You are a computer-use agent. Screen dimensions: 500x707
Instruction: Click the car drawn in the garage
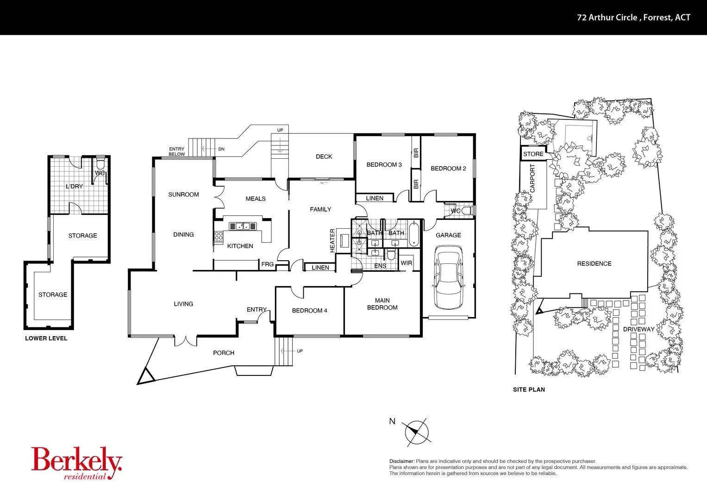coord(448,277)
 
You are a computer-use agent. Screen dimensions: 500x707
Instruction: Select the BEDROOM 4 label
coord(309,311)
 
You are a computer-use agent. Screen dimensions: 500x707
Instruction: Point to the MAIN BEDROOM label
coord(382,304)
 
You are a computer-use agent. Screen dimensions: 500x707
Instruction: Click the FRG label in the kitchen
coord(267,264)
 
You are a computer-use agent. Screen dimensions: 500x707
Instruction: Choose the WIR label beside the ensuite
coord(406,263)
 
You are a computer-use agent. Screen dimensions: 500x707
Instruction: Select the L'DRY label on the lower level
coord(74,187)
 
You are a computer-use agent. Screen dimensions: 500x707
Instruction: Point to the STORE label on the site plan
coord(533,154)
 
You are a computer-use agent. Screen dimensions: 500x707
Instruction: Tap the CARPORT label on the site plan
coord(532,178)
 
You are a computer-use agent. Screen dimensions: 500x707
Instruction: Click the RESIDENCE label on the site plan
coord(594,263)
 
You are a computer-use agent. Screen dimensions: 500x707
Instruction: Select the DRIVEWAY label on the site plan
coord(638,329)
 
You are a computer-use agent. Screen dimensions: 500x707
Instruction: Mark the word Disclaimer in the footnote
coord(402,461)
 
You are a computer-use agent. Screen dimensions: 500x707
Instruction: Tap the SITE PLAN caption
coord(529,389)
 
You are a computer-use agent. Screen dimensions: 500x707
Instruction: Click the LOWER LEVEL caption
coord(46,338)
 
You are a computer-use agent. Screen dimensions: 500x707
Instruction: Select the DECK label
coord(324,156)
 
